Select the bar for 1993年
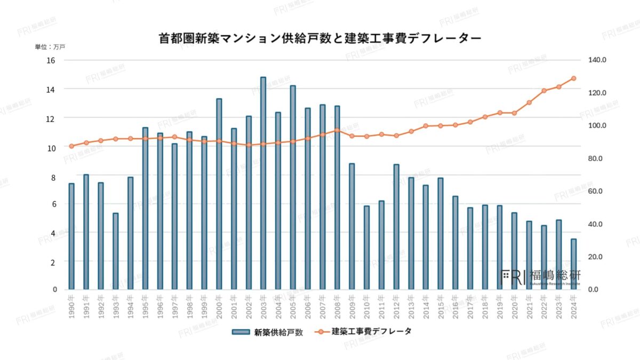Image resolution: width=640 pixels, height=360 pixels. point(116,251)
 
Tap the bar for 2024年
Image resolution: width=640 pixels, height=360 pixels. point(573,264)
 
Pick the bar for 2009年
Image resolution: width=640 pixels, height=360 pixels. point(352,226)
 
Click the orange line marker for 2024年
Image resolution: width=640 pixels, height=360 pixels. point(573,78)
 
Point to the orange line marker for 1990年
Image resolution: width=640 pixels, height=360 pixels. point(71,146)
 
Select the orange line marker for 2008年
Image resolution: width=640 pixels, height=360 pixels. point(337,130)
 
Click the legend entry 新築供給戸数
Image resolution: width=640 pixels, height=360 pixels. point(268,332)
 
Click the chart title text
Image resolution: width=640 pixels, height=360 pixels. point(320,38)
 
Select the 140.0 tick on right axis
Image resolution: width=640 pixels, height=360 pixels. point(597,60)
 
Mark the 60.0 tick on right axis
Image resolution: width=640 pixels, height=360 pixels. point(597,191)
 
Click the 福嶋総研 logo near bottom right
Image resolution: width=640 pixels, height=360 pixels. point(541,276)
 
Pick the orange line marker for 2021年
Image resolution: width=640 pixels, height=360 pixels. point(529,102)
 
